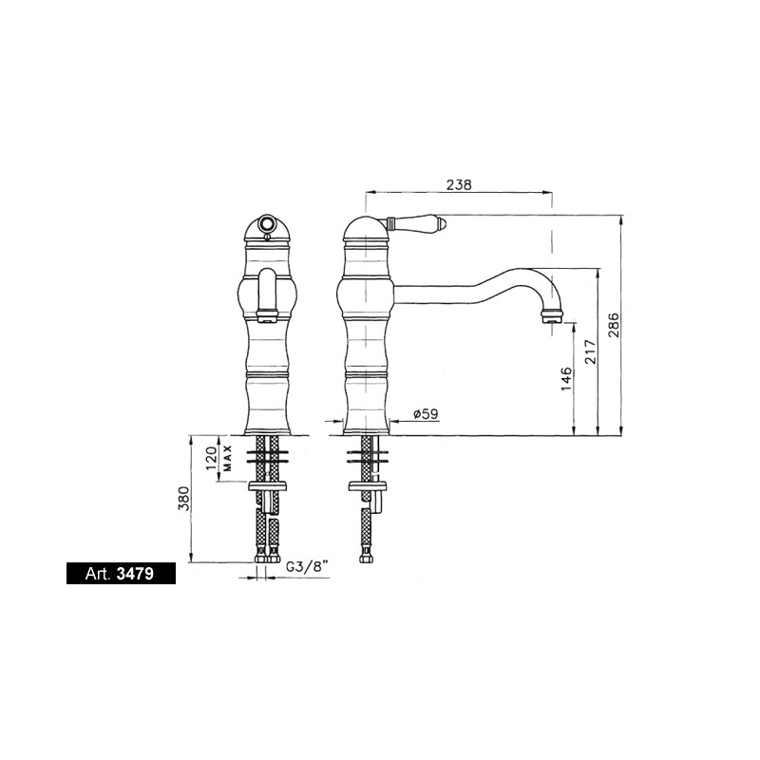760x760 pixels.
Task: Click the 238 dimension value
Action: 459,184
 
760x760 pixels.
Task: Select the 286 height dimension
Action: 614,325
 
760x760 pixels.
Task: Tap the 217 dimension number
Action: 590,352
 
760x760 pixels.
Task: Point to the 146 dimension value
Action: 566,379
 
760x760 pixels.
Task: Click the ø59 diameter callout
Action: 425,414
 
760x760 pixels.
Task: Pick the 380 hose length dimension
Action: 184,498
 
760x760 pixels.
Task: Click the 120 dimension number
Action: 211,458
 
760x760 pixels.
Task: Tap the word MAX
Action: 228,458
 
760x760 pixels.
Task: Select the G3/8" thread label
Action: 307,567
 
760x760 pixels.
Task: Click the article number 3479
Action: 135,574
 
